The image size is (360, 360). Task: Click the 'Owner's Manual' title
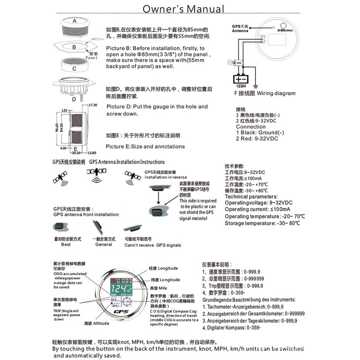(x=184, y=9)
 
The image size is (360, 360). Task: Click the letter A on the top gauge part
(x=74, y=21)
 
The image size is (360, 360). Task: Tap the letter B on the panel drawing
(x=74, y=47)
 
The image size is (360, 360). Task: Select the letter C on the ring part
(x=74, y=68)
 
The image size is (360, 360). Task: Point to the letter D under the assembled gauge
(x=74, y=99)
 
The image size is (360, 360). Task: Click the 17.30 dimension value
(x=93, y=105)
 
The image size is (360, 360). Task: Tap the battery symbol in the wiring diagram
(x=241, y=79)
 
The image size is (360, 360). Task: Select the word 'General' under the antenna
(x=104, y=244)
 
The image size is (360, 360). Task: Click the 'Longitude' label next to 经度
(x=168, y=268)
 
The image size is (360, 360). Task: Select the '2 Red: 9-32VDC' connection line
(x=257, y=138)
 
